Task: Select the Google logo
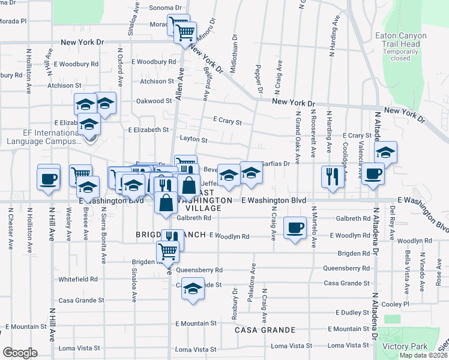[20, 352]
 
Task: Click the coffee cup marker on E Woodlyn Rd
[294, 227]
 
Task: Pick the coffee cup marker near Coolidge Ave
[373, 174]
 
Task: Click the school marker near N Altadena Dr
[385, 152]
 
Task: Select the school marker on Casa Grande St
[193, 289]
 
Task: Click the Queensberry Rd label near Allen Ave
[199, 270]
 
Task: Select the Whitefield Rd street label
[78, 279]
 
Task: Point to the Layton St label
[193, 140]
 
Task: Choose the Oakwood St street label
[154, 101]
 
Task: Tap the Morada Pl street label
[13, 20]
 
